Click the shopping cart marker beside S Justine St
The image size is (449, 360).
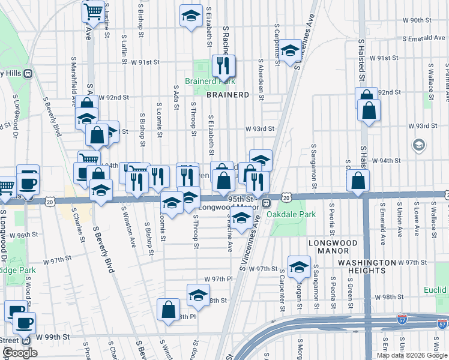coord(92,11)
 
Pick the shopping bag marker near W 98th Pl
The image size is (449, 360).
coord(169,309)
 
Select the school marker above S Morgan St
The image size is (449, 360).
coord(298,266)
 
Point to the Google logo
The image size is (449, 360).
coord(20,353)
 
